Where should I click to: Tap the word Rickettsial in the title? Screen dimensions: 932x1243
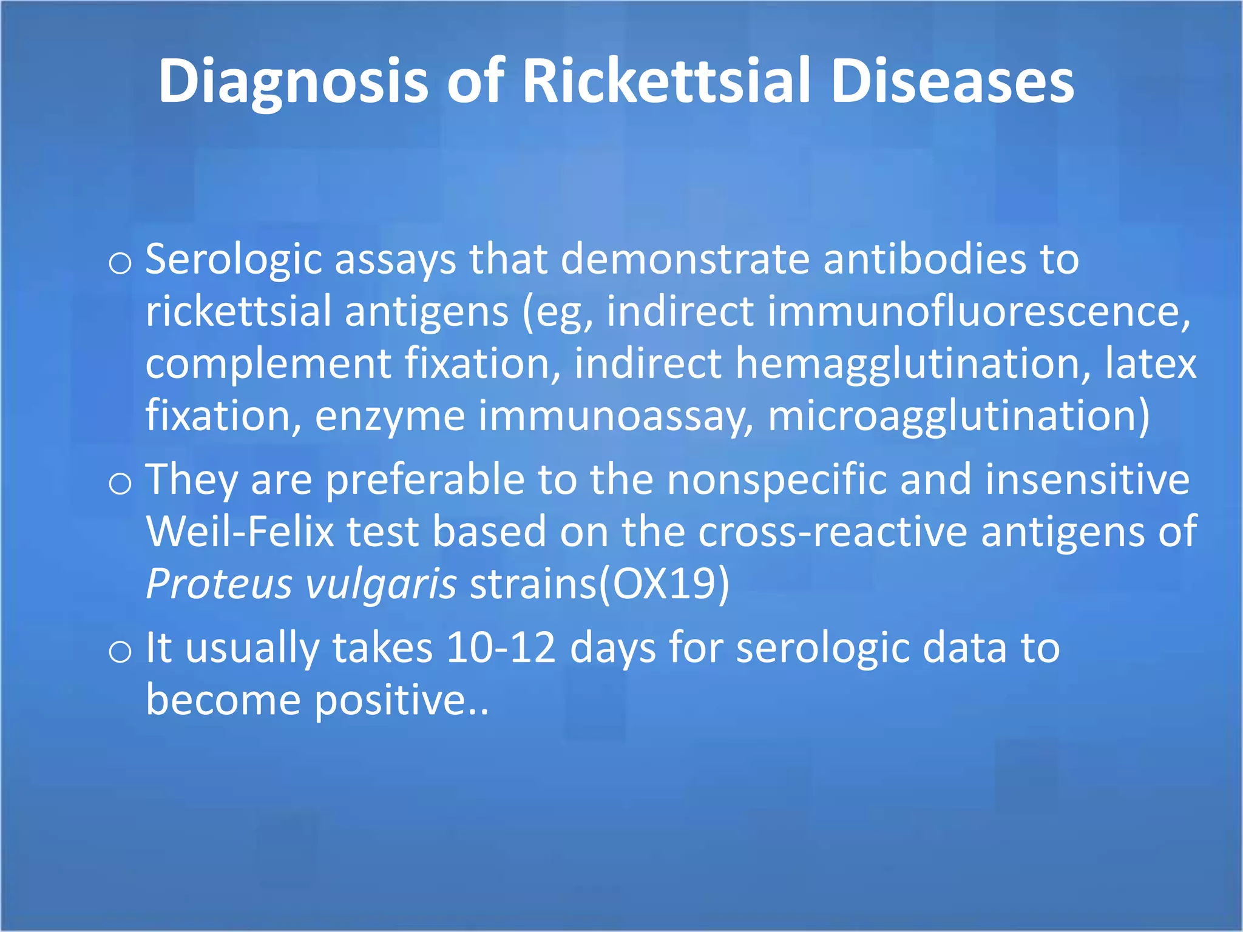[666, 81]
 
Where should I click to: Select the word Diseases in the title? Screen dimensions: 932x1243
[952, 81]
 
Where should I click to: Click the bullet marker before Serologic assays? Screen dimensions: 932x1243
[120, 263]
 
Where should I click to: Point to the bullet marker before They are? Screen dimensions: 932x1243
[120, 484]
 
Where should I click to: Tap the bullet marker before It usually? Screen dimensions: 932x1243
[120, 652]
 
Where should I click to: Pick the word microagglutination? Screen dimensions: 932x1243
[958, 416]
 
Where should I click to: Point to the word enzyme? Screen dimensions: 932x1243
[390, 416]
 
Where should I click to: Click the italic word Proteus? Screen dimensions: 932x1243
[219, 584]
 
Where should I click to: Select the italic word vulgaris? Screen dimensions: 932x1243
[381, 584]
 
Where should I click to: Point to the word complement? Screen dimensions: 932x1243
[268, 364]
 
